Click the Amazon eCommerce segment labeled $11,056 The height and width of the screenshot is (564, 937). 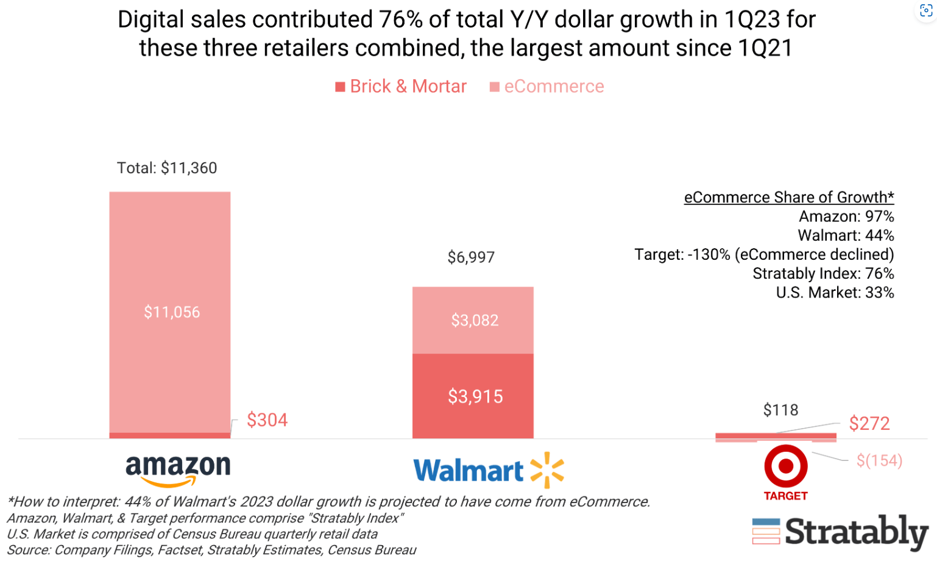click(170, 312)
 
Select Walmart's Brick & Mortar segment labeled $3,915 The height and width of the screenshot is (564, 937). click(473, 396)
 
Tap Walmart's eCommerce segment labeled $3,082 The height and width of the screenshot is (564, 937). click(473, 320)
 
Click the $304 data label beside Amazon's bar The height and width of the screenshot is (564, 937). click(267, 420)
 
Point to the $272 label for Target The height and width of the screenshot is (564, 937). click(869, 423)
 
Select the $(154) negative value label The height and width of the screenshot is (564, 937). click(879, 460)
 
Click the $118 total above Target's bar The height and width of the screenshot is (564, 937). click(780, 410)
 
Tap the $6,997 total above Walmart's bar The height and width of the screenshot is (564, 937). click(471, 257)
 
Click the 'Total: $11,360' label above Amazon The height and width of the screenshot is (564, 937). click(167, 168)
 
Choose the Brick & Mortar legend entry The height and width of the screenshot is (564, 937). click(401, 87)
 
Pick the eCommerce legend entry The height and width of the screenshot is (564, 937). click(547, 87)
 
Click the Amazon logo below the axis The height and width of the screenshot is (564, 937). click(178, 470)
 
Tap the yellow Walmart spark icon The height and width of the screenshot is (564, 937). click(547, 470)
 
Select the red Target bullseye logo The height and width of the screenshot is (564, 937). click(786, 466)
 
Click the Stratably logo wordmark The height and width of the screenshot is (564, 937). click(855, 532)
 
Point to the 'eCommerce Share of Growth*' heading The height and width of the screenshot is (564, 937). click(788, 197)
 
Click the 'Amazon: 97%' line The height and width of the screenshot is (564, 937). click(846, 216)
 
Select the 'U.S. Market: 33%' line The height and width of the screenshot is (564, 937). click(835, 293)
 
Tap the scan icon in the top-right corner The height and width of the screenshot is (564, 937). click(925, 11)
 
